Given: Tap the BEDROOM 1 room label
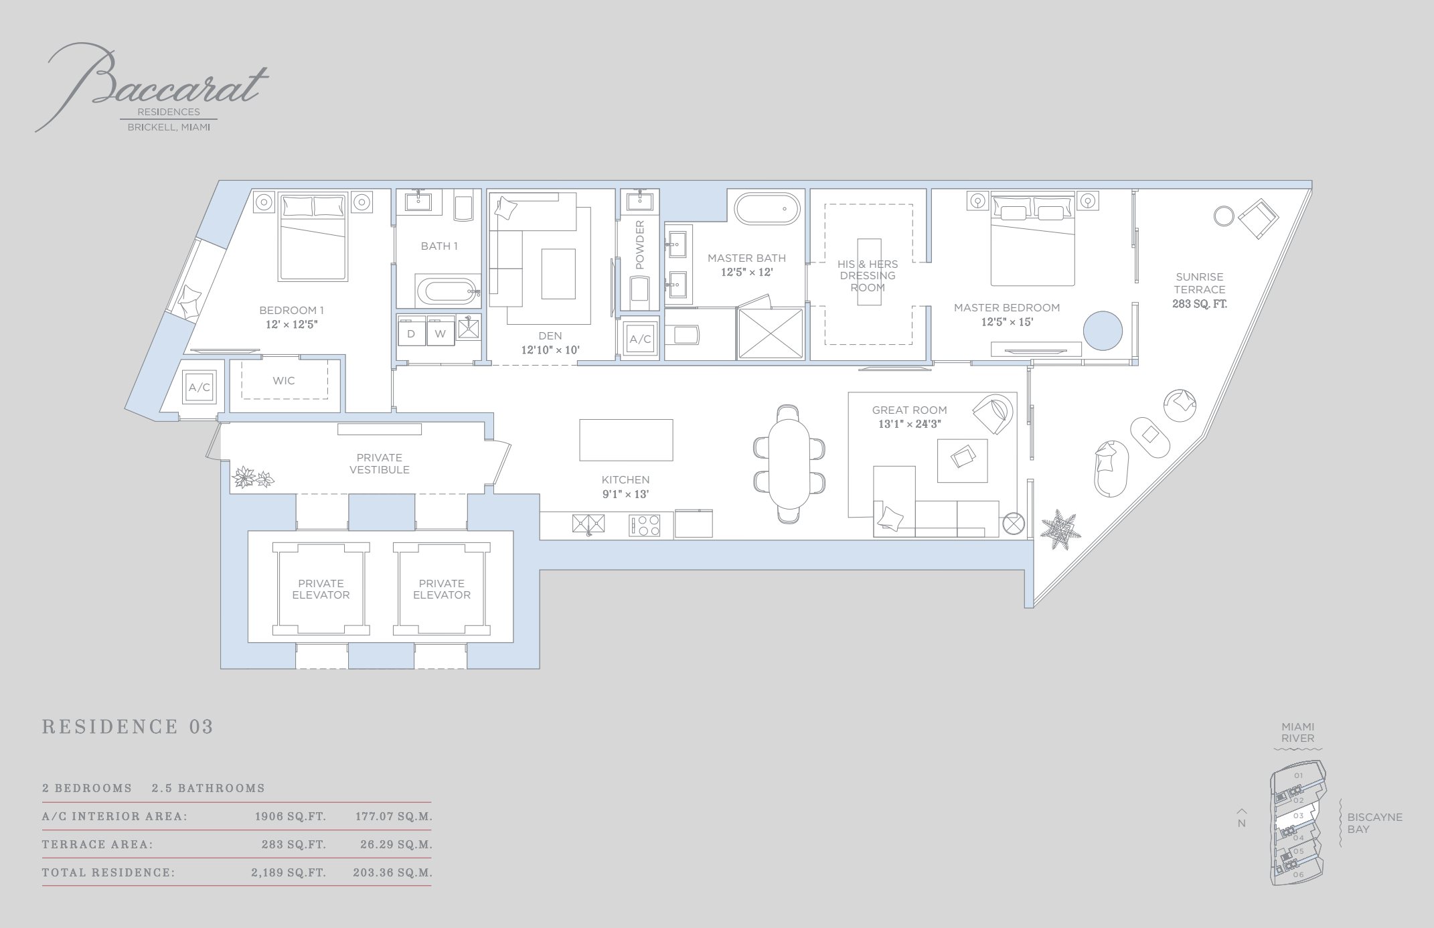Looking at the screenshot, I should (291, 310).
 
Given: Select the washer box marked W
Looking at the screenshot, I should (440, 333).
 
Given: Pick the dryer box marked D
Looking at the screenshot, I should (411, 333).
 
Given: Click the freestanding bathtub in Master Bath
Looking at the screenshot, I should (767, 209).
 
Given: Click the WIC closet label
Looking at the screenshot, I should (284, 380).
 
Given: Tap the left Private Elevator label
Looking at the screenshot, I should (321, 589).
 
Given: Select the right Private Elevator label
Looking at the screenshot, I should (441, 589).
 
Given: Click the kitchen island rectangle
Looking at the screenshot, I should (626, 440).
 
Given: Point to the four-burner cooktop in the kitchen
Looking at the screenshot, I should (645, 524).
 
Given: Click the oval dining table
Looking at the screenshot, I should (789, 463).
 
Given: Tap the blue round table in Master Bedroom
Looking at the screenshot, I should (1103, 331).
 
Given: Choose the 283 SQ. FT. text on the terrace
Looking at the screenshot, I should (1199, 304).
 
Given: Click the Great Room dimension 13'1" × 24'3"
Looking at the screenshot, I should (910, 424).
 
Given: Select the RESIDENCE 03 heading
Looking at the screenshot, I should (128, 727).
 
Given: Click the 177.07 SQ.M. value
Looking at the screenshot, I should (394, 817).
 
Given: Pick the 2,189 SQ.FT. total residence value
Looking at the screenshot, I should (289, 873).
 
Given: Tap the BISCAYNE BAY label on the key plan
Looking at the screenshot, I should (1374, 823).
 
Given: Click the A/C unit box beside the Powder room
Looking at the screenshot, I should (640, 339).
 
